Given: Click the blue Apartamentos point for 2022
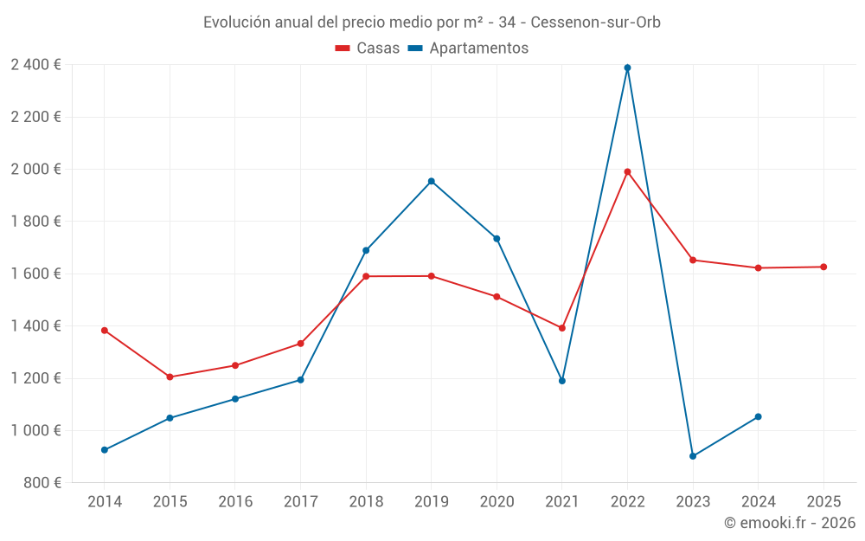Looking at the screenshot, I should (x=627, y=68).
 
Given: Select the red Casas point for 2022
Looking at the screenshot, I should (x=627, y=171).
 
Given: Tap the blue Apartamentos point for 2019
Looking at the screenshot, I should (x=431, y=181).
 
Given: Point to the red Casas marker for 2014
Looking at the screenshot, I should (x=105, y=330).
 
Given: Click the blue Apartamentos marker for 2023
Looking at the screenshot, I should (x=693, y=456).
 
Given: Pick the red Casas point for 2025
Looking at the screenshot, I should (x=823, y=267).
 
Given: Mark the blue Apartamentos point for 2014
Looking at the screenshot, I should (x=105, y=450).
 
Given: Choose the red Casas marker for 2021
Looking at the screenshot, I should (x=562, y=328).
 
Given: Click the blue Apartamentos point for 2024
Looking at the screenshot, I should (x=758, y=416).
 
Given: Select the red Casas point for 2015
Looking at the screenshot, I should (x=170, y=377).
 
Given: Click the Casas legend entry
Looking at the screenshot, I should (x=368, y=48).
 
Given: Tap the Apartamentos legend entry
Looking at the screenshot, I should (x=468, y=48).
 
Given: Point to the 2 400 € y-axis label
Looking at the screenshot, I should (x=35, y=65).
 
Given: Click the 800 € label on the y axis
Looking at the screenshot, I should (x=41, y=483).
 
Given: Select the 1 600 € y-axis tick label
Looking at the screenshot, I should (x=35, y=274).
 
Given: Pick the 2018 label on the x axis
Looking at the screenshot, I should (x=366, y=502).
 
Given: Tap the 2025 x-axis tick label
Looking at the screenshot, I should (x=823, y=502).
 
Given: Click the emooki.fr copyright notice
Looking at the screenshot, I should (x=789, y=523).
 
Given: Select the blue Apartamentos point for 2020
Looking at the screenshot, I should (x=497, y=238).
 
